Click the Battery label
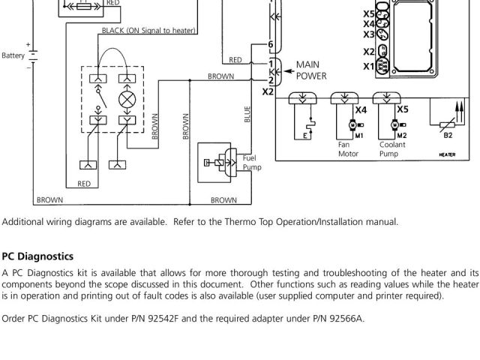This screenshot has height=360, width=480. pos(13,55)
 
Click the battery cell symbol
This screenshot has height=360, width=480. pos(33,55)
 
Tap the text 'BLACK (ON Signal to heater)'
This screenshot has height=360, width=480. pos(148,31)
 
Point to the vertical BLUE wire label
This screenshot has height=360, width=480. pos(247,114)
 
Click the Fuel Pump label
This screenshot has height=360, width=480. pos(250,162)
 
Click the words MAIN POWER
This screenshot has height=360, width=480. pos(311,70)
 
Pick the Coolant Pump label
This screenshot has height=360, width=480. pos(392,148)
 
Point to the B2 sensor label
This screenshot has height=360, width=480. pos(448,135)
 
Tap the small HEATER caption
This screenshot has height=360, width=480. pos(447,154)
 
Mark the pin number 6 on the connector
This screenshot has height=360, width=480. pos(271,45)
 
